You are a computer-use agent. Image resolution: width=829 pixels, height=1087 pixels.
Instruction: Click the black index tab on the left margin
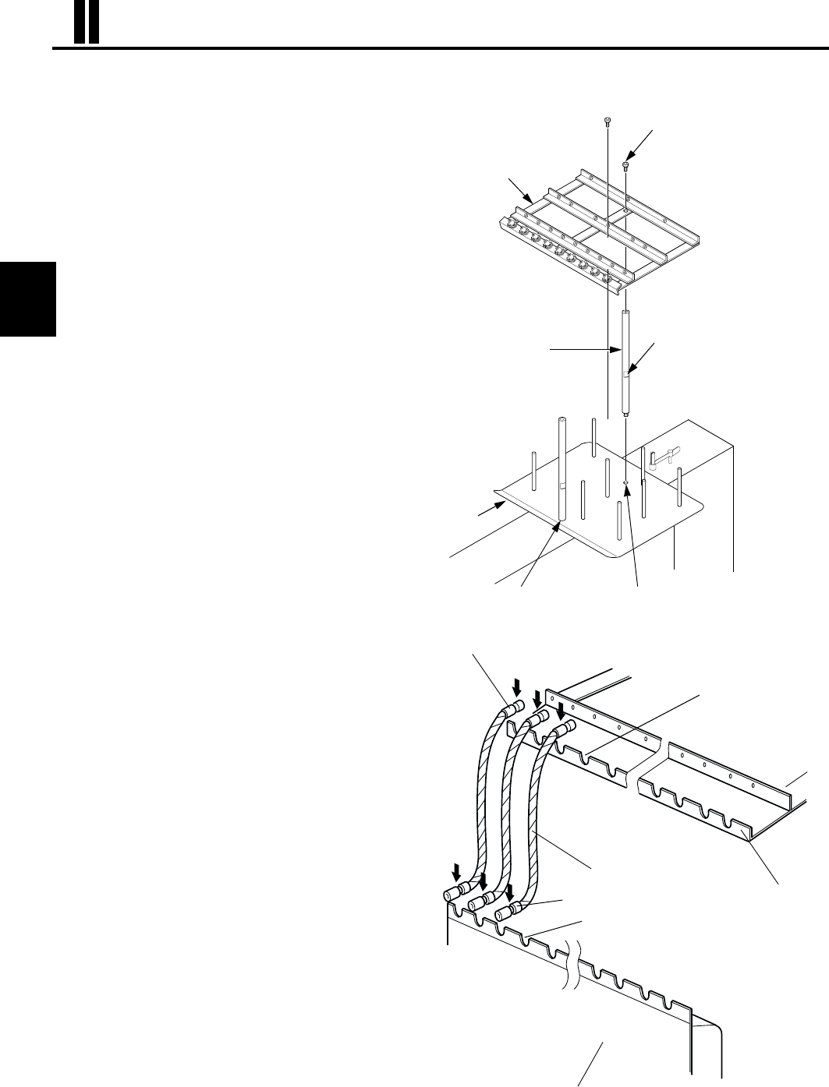coord(29,299)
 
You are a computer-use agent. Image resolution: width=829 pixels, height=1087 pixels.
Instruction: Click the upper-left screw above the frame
coord(608,121)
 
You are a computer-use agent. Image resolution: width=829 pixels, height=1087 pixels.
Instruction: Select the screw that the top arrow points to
coord(626,164)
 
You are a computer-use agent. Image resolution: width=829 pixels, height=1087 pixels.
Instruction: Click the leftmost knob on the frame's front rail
coord(508,227)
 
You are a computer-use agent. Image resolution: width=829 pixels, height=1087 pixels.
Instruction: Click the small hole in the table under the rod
coord(626,483)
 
